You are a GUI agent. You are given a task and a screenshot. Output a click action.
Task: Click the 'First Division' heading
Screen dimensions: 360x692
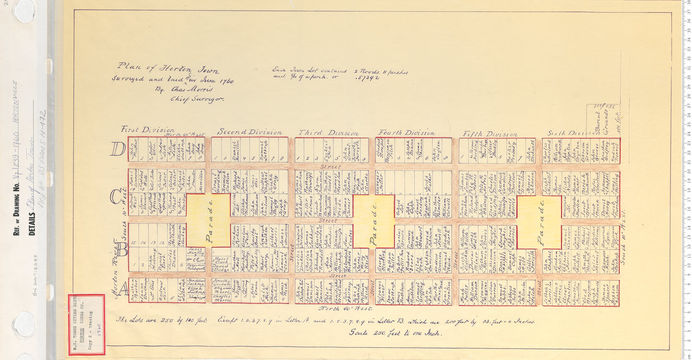coord(147,129)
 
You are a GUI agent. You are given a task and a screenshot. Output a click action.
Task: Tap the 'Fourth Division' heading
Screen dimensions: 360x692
coord(407,133)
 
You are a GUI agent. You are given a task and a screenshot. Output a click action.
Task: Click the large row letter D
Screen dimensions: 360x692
coord(117,149)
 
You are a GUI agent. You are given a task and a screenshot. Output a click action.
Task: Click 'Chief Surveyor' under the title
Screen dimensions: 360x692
coord(198,100)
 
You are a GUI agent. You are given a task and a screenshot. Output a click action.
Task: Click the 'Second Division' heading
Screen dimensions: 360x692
coord(250,132)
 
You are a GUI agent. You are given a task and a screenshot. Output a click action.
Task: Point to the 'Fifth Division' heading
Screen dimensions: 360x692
coord(489,134)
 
